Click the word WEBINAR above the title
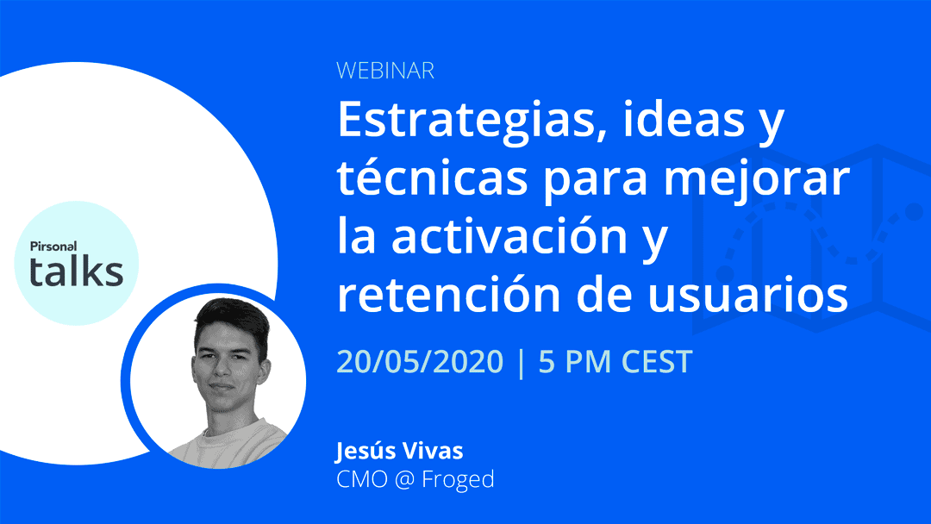[x=385, y=71]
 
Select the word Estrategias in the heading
[x=466, y=121]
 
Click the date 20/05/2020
[x=420, y=361]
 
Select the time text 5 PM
[x=574, y=361]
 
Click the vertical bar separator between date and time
[x=522, y=363]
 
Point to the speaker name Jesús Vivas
[x=399, y=451]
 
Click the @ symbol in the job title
[x=404, y=479]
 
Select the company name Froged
[x=458, y=480]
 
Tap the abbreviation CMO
[x=361, y=479]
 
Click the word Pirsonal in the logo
[x=53, y=246]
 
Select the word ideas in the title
[x=684, y=119]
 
